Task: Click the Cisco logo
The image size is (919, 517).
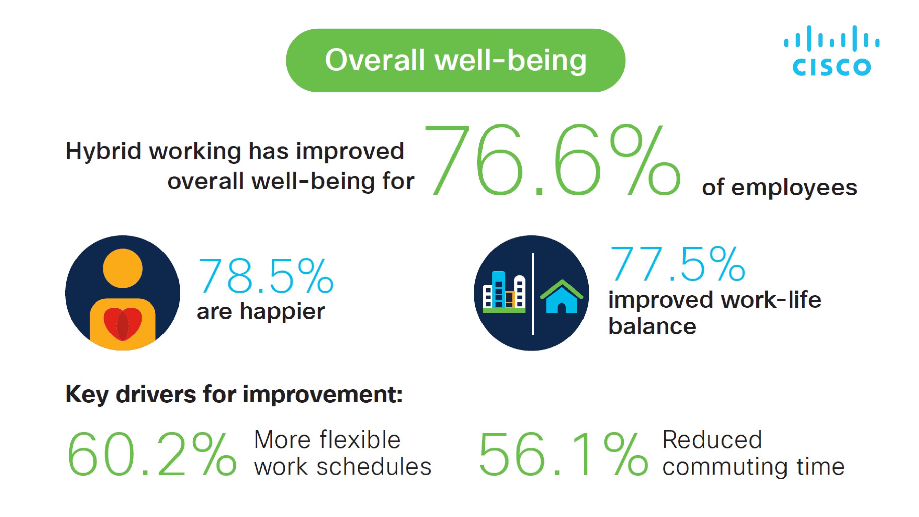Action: (831, 51)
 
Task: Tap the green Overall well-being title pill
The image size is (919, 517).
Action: (456, 60)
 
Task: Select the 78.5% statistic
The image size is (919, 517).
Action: (265, 275)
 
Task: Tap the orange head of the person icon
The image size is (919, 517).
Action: (122, 268)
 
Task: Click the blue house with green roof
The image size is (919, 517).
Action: (562, 296)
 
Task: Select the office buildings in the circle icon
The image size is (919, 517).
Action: (504, 292)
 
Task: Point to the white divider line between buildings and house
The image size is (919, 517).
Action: (533, 294)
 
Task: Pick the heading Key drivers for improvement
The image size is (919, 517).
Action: (234, 395)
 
